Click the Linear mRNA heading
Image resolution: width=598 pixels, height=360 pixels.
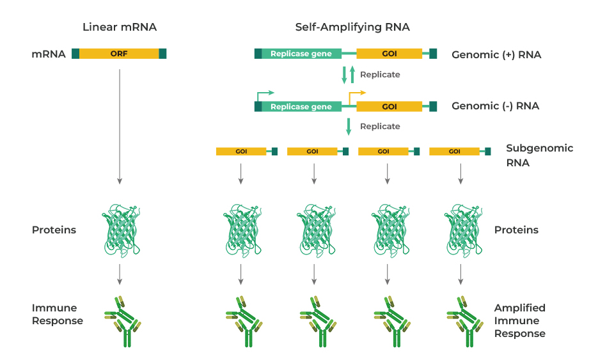click(120, 27)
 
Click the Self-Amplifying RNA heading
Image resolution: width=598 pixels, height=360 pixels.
click(352, 27)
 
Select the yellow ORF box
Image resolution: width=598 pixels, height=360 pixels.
click(119, 54)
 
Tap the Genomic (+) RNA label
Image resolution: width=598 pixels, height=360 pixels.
click(496, 55)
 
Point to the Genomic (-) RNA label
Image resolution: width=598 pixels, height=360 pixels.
click(495, 106)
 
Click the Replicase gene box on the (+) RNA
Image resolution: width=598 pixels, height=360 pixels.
click(301, 54)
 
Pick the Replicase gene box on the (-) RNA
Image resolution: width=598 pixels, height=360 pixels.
click(301, 106)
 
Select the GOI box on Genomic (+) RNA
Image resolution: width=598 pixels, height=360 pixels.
click(389, 54)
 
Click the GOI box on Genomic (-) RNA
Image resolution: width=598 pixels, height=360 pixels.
click(389, 106)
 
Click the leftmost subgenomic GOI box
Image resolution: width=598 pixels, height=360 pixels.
click(241, 152)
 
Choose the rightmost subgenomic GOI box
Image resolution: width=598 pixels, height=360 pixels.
click(454, 152)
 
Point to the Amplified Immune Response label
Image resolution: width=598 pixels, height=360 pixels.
click(519, 320)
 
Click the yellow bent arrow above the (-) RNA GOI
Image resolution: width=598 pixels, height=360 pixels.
click(356, 95)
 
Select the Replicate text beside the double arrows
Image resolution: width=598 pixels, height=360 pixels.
click(380, 74)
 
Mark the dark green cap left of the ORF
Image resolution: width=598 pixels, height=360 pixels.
click(75, 54)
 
